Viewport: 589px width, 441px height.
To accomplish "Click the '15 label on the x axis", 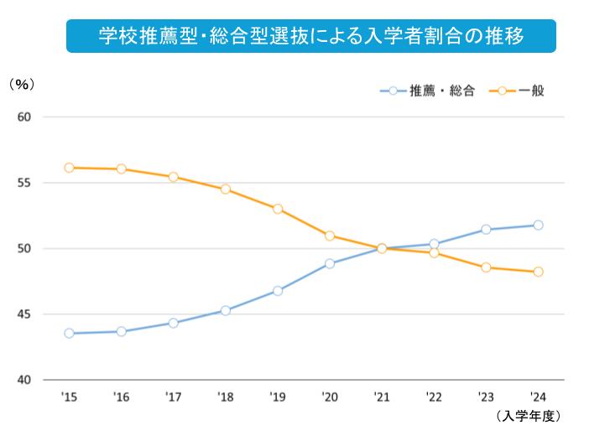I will click(x=69, y=397).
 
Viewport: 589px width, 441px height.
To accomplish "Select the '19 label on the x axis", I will click(x=277, y=397).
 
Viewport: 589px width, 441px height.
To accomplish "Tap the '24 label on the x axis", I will click(x=538, y=397).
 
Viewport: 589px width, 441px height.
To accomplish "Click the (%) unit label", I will click(x=22, y=86).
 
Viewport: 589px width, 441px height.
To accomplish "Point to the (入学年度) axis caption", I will click(x=528, y=416).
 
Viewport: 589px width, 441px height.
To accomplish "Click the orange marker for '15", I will click(x=69, y=168).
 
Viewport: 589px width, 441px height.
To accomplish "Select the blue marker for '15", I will click(x=69, y=333).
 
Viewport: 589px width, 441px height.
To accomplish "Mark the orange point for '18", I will click(x=226, y=189).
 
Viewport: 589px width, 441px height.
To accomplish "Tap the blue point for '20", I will click(x=330, y=263).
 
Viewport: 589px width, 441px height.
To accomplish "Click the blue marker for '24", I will click(x=538, y=225).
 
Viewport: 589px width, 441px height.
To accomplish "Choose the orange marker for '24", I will click(x=538, y=272).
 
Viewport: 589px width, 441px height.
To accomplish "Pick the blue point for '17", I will click(x=173, y=323).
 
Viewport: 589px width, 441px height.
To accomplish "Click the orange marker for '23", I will click(x=486, y=267).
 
